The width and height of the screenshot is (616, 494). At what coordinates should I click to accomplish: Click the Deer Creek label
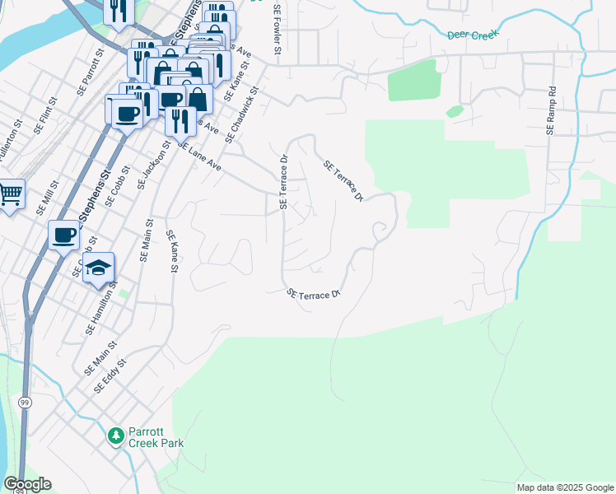[x=474, y=35]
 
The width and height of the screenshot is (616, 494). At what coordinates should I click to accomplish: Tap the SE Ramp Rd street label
[x=551, y=111]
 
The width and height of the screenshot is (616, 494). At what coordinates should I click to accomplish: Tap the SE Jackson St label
[x=152, y=165]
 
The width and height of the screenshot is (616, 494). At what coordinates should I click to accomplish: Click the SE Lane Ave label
[x=199, y=155]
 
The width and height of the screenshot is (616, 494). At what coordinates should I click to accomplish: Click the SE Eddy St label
[x=110, y=375]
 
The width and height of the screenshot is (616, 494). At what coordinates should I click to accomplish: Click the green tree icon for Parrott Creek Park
[x=117, y=435]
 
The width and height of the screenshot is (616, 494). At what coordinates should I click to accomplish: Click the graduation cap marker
[x=98, y=268]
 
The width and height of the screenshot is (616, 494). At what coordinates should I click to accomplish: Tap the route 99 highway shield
[x=24, y=401]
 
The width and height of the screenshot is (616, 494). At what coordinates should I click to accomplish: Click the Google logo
[x=27, y=484]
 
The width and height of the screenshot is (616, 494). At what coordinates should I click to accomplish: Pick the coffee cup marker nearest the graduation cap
[x=63, y=235]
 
